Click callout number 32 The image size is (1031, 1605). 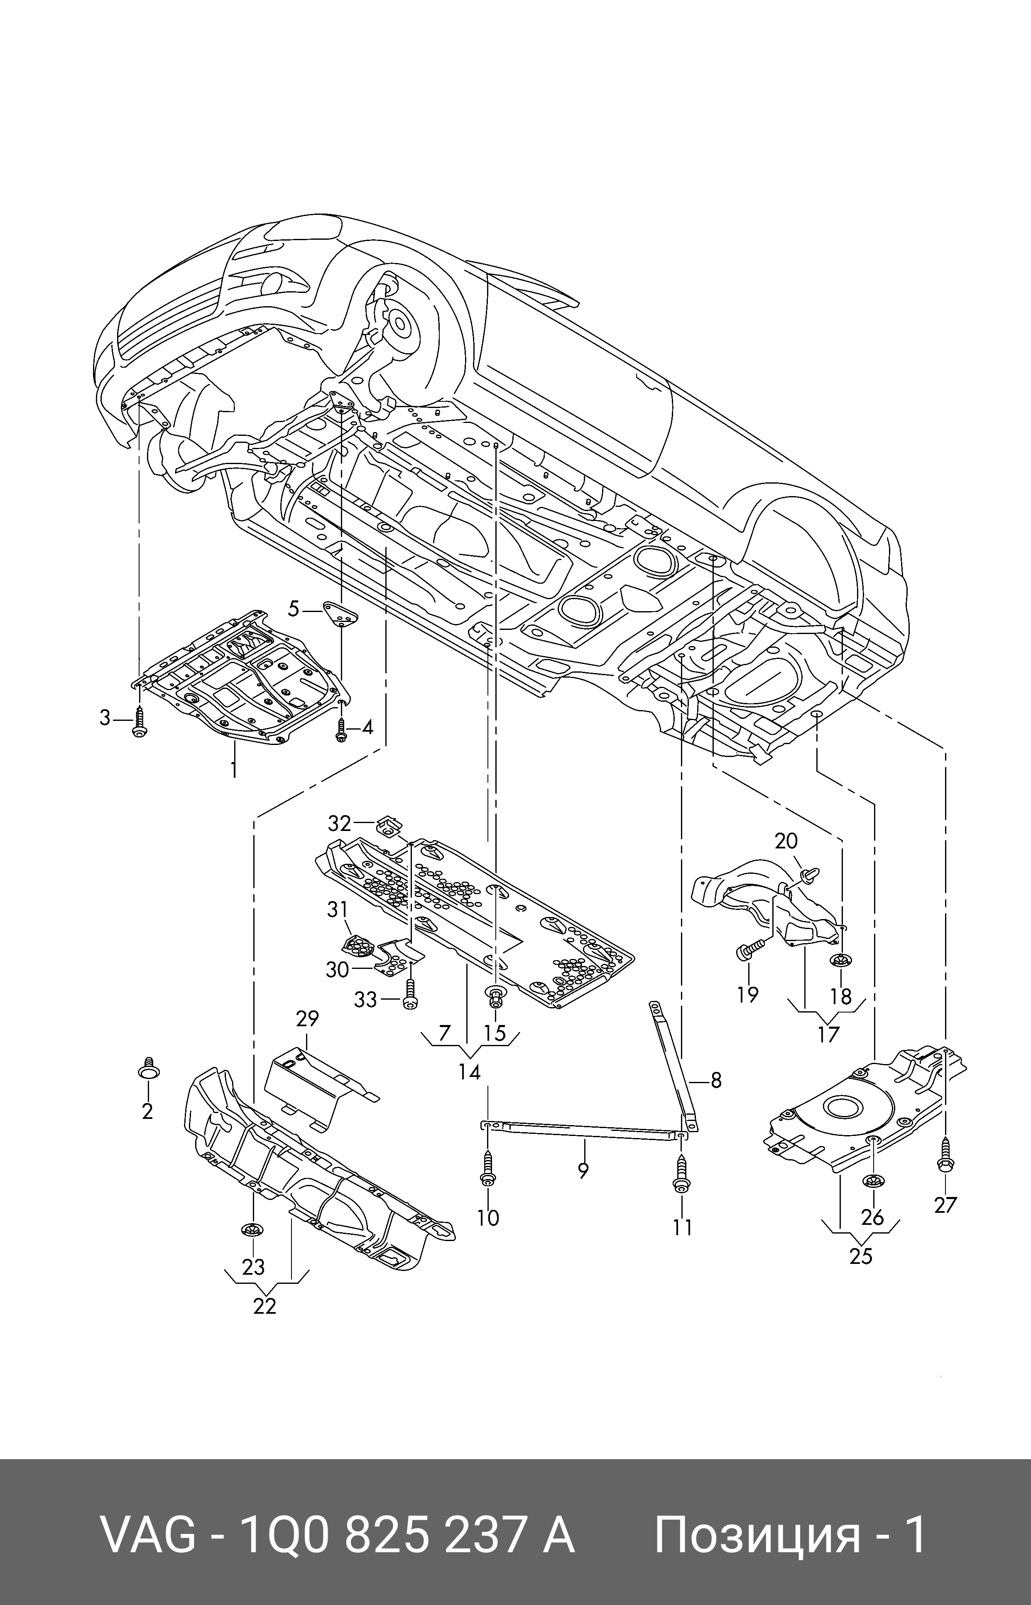point(339,823)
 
